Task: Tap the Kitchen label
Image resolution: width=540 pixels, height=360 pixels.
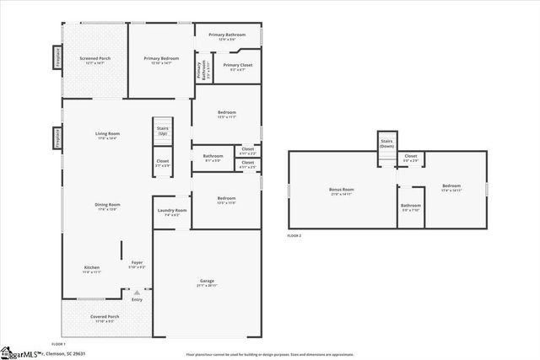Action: click(92, 269)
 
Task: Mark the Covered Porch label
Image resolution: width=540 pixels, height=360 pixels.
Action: click(105, 318)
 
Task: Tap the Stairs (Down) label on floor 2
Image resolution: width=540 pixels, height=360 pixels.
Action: click(387, 143)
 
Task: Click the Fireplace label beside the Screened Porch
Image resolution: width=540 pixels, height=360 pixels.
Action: click(57, 61)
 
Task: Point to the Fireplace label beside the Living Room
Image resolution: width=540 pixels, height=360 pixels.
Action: click(57, 137)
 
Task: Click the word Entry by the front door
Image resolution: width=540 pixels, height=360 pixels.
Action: click(137, 299)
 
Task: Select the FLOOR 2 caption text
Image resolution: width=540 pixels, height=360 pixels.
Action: click(294, 235)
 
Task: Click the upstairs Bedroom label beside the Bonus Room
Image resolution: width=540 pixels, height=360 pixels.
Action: click(451, 187)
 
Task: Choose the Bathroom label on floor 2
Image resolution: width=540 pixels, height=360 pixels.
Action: click(411, 207)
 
